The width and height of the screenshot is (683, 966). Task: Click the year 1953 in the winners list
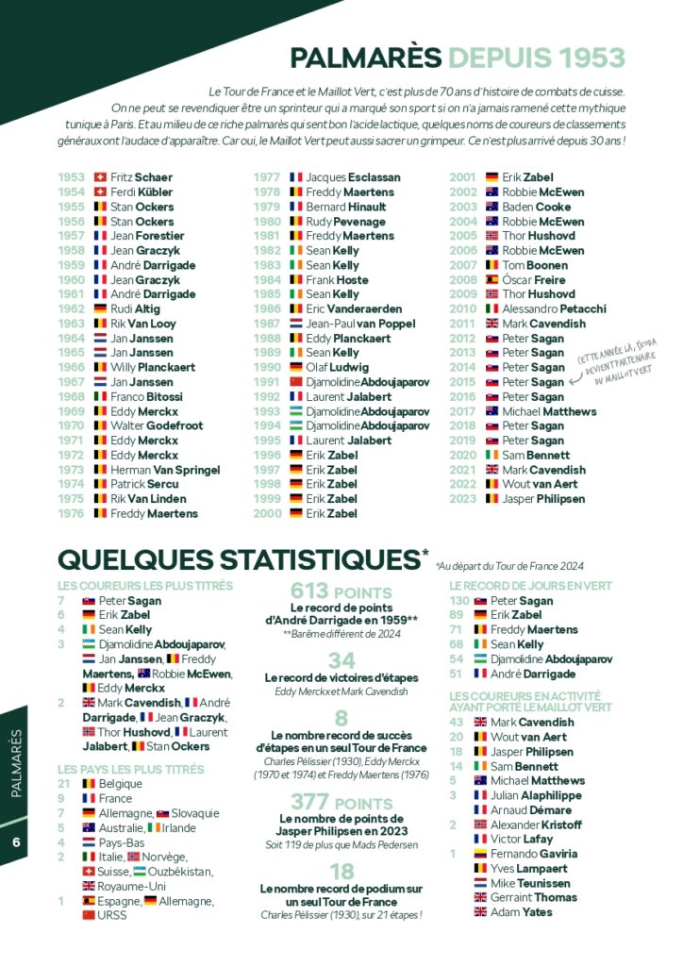coord(71,177)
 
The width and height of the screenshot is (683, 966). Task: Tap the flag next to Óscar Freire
coord(491,280)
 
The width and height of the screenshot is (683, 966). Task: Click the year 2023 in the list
coord(462,499)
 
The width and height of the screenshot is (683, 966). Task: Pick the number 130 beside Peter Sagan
coord(459,601)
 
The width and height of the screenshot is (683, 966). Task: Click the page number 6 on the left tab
coord(17,842)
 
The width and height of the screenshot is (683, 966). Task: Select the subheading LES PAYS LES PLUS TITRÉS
coord(130,770)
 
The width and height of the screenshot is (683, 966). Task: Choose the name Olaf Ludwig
coord(337,368)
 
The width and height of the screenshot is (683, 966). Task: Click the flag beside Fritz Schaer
coord(101,177)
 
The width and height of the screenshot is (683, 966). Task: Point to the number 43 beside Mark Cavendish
coord(457,723)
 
